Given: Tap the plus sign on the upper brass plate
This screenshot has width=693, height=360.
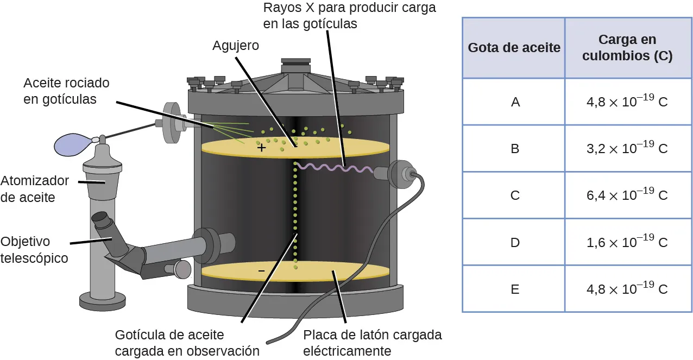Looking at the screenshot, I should point(262,147).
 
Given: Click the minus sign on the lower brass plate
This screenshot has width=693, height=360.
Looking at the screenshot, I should point(261,270).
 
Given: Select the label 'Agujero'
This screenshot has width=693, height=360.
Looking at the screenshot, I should point(236,46).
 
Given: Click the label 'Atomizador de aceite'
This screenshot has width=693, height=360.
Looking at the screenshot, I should point(35,188).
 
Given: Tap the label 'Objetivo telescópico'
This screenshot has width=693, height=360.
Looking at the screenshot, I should point(35,249).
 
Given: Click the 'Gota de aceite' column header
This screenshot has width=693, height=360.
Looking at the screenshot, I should point(514,48).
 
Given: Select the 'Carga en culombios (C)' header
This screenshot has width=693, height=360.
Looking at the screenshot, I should point(627,48).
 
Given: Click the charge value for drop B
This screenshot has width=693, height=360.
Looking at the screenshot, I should point(627,148).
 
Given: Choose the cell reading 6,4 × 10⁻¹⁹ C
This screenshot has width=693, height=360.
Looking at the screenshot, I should point(627,195).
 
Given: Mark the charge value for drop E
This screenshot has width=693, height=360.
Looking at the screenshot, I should point(627,289).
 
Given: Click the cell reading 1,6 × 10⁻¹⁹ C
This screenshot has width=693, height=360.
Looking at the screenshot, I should point(627,242).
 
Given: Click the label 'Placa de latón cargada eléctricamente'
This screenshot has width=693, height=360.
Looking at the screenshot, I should point(373,343).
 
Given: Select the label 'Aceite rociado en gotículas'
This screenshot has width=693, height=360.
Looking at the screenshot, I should point(66,91).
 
